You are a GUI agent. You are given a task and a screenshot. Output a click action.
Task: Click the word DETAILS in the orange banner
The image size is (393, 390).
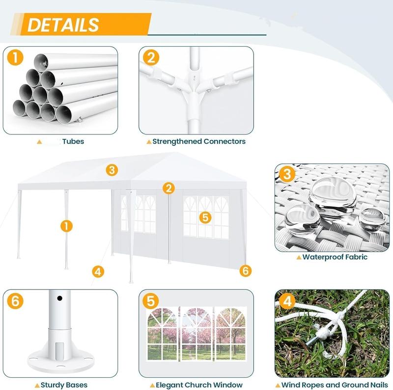coord(63,25)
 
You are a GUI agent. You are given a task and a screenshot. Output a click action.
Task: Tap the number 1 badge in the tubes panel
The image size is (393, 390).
coord(15,57)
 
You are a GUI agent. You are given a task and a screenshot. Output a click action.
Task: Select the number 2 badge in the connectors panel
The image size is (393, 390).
coord(151,57)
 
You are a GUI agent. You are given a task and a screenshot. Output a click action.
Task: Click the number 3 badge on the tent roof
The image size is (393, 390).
coord(112,170)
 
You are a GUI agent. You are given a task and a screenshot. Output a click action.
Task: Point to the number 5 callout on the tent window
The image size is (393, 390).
coord(205,217)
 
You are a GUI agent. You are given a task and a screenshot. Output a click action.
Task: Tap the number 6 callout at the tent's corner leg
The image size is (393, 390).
coord(245,271)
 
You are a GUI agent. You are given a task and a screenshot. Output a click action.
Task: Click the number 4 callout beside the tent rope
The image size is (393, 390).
coord(98,272)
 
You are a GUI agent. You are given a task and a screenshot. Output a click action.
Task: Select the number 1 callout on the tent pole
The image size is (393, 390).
coord(66,226)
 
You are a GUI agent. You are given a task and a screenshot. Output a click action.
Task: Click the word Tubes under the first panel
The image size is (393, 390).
coord(73,141)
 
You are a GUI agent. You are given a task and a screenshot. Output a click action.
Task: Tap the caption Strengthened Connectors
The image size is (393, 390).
coord(199,141)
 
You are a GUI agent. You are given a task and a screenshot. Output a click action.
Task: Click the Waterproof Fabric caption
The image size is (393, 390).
coord(335,257)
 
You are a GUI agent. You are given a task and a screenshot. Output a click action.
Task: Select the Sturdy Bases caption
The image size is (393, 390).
coord(64,385)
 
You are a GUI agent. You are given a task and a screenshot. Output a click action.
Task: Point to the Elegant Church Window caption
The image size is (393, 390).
coord(199,385)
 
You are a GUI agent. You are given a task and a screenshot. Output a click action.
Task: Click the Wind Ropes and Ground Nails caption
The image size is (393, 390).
coord(335,385)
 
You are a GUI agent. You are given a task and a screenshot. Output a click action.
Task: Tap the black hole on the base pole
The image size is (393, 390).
coord(59,298)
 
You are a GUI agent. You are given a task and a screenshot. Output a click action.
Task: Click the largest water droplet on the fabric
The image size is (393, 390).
coord(333,197)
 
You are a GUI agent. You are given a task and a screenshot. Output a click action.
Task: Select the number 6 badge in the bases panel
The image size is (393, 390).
coord(15,301)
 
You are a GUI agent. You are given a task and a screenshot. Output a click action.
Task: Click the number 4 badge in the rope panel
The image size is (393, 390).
coord(287,301)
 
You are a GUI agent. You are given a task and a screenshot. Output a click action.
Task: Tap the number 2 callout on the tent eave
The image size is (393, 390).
coord(168,188)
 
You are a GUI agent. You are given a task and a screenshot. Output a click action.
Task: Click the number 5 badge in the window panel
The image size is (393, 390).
coord(151,301)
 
